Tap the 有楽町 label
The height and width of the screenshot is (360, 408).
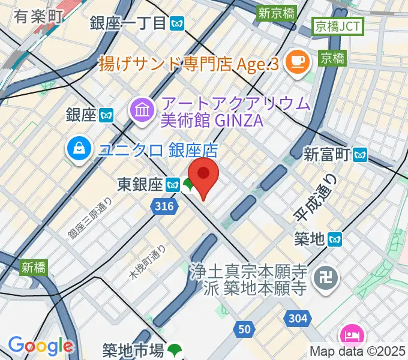(x=38, y=16)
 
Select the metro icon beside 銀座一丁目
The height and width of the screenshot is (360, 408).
(x=177, y=23)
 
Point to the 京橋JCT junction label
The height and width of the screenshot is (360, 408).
(x=337, y=26)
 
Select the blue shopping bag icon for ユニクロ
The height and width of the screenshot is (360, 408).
(x=79, y=148)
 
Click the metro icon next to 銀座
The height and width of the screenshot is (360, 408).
(x=107, y=115)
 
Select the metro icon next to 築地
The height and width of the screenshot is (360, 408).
(x=335, y=240)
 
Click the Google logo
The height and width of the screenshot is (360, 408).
(x=40, y=345)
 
